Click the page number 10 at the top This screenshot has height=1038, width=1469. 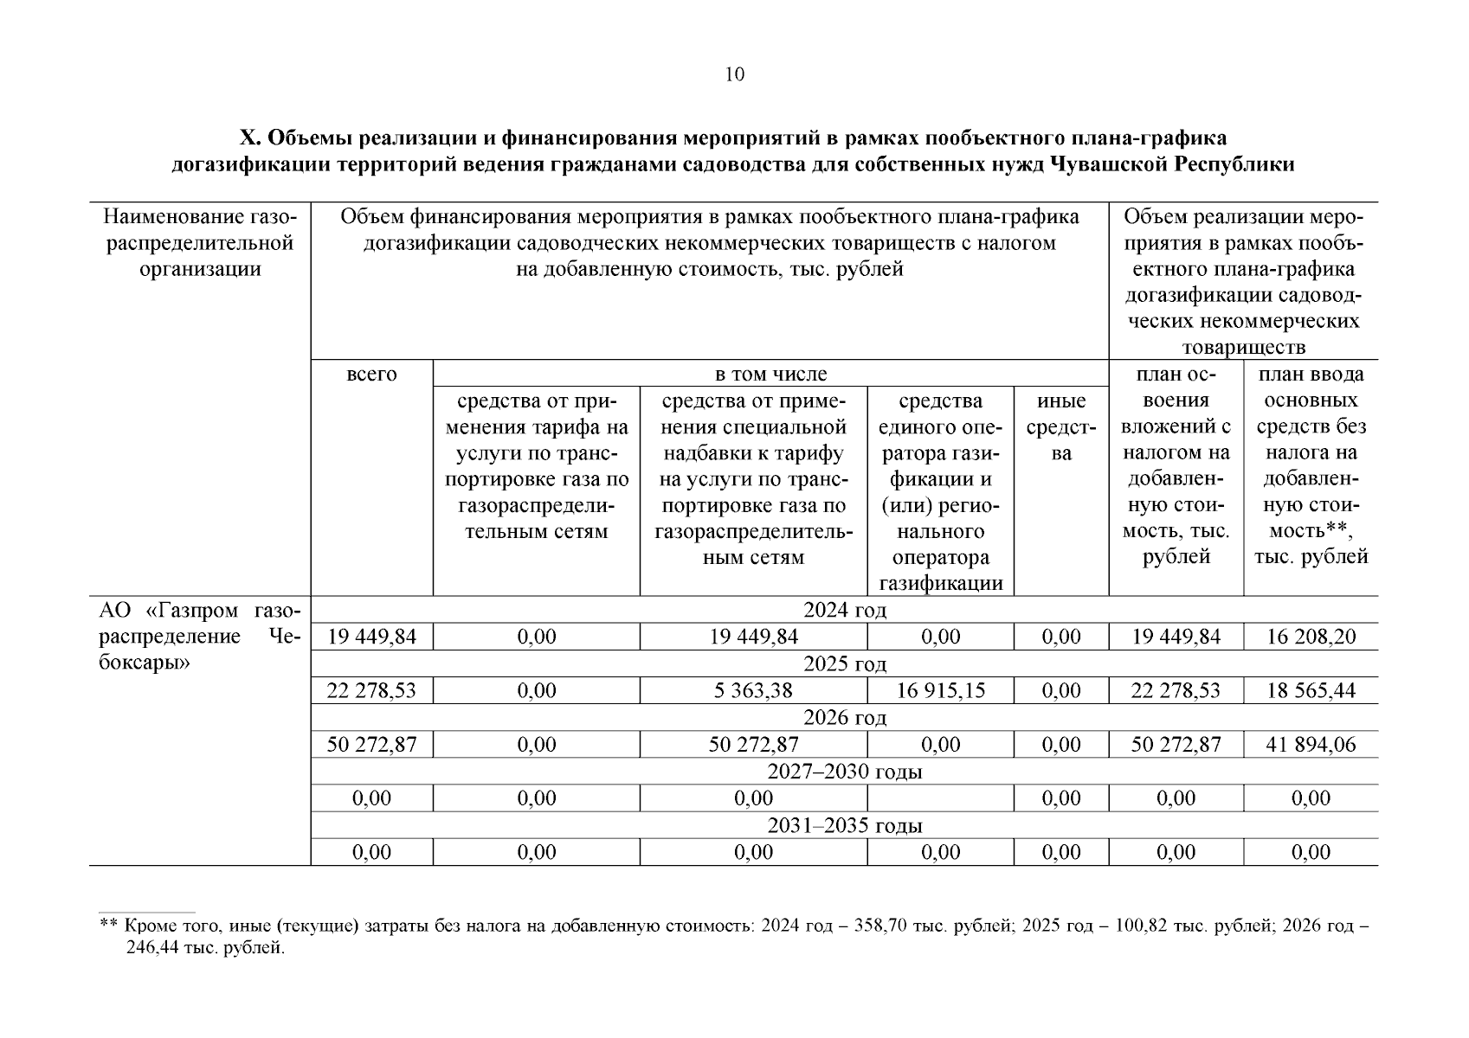click(734, 74)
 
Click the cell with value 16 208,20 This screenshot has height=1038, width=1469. click(1311, 638)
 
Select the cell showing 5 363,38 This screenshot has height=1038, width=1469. click(753, 691)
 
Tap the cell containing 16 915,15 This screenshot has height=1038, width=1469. click(940, 691)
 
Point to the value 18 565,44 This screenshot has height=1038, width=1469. click(1311, 691)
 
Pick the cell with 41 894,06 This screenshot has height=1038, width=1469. click(1311, 745)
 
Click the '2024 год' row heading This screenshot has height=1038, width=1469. click(844, 611)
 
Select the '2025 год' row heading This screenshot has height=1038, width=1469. click(844, 664)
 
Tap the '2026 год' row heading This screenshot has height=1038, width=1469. click(844, 718)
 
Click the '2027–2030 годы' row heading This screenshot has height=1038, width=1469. click(844, 772)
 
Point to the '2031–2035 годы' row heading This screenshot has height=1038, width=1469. click(844, 825)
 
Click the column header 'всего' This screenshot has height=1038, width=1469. click(371, 375)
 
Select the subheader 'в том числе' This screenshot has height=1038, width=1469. click(770, 375)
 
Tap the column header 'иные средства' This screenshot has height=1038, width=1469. click(1061, 427)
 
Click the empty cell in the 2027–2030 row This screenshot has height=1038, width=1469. click(940, 798)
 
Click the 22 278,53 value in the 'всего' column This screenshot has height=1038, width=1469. click(371, 691)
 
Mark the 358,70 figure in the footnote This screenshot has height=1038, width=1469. click(879, 926)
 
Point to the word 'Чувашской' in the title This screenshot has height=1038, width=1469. click(1105, 164)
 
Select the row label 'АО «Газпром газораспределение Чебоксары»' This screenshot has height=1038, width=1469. click(199, 638)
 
